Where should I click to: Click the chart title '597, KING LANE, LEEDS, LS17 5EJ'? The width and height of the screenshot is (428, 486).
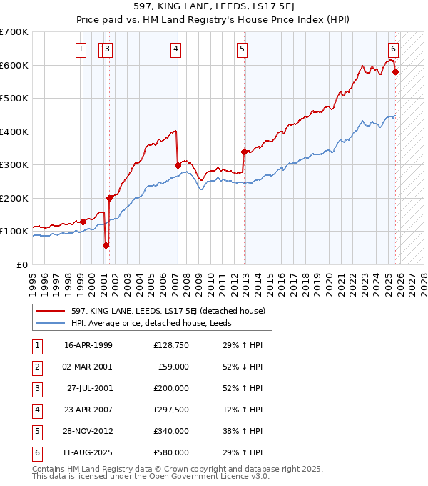(213, 8)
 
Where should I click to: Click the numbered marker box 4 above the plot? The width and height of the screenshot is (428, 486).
(175, 49)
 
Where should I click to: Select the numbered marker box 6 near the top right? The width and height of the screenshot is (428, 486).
(393, 49)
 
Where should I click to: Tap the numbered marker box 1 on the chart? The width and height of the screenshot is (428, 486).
(81, 49)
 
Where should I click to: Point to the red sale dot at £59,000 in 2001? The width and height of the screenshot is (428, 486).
(106, 245)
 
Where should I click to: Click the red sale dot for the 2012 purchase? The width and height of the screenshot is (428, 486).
(244, 152)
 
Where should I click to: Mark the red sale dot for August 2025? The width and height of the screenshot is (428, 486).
(395, 71)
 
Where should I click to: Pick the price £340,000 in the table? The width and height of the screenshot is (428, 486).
(171, 431)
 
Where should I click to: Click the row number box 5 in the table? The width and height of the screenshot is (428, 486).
(36, 431)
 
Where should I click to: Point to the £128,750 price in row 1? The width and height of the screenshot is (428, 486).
(171, 345)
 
